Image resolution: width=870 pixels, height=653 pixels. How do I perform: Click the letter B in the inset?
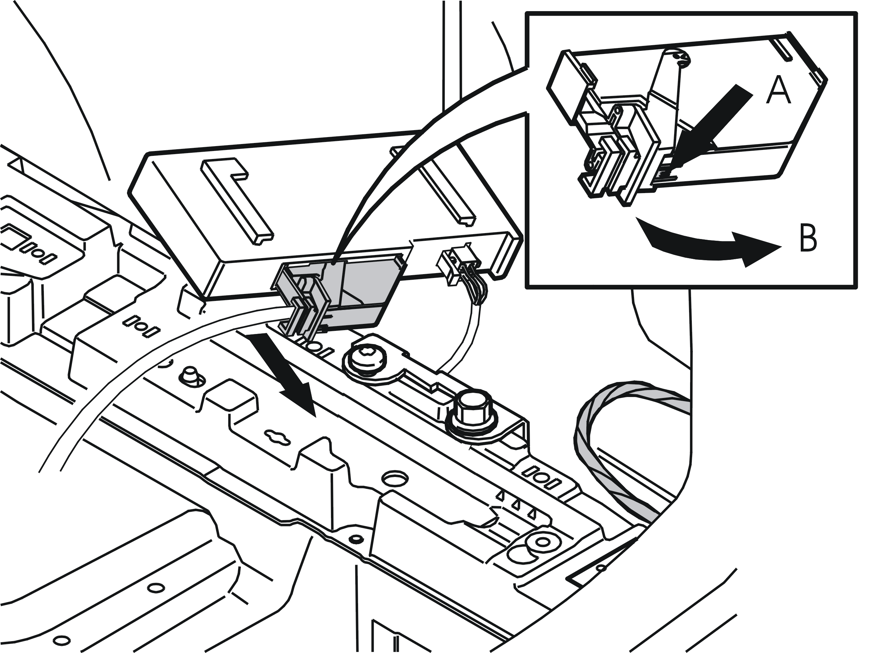coord(808,238)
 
